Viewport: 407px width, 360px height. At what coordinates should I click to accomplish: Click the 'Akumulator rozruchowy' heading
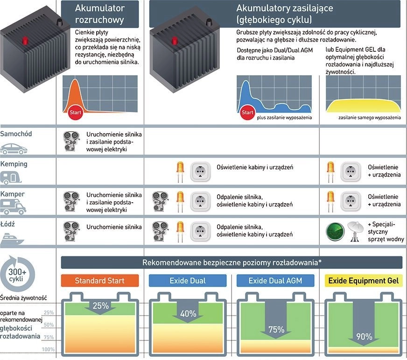99,14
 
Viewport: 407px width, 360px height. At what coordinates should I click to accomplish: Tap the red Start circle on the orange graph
75,112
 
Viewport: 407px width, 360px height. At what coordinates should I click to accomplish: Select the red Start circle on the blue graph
247,112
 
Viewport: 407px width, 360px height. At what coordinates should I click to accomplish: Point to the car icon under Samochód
14,148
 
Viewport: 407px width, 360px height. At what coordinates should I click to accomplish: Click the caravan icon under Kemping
14,178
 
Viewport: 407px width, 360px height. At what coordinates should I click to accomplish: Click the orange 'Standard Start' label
100,281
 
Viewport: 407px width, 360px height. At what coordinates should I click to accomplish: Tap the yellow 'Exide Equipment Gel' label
363,281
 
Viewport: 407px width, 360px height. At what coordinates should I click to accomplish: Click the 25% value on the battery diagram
100,306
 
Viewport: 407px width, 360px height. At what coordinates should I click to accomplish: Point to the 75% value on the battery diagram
276,330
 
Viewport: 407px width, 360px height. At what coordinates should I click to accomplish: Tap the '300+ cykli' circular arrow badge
17,275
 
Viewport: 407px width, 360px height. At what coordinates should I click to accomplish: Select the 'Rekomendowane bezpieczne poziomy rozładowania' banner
232,262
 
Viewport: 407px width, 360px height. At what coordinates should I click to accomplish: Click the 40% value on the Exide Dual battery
188,314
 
